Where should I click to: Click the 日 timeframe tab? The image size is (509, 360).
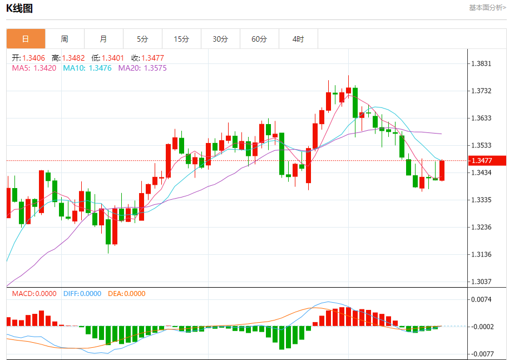point(26,39)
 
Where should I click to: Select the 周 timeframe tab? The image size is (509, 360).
point(65,39)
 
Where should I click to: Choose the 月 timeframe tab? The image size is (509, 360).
point(103,39)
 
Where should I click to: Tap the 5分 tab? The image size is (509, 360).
point(142,39)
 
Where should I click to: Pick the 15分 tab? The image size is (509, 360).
point(181,39)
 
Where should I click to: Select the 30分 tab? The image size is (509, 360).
point(220,39)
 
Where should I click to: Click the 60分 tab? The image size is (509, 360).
point(259,39)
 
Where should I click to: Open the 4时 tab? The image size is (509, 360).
point(298,39)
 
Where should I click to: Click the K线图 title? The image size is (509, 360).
point(19,8)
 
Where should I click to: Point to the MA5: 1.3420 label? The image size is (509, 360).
point(34,68)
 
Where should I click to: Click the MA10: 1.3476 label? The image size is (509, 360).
point(87,68)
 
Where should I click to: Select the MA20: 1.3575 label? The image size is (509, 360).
point(142,68)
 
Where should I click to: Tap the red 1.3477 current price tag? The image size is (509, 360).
point(482,161)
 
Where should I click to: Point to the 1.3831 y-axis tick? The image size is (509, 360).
point(481,63)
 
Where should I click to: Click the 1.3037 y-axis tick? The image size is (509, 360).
point(481,282)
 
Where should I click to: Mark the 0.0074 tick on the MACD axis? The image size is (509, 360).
point(481,299)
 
